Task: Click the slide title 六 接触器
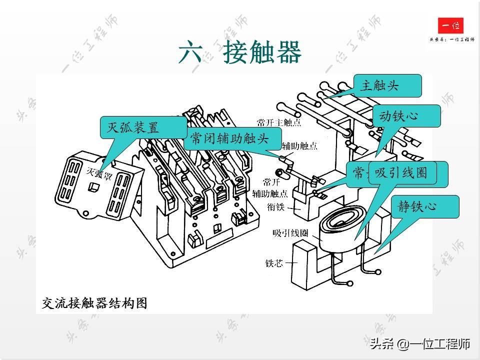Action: coord(240,52)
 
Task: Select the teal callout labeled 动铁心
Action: coord(406,116)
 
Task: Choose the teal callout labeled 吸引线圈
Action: coord(402,172)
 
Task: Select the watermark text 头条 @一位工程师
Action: coord(420,344)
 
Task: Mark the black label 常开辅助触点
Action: coord(269,187)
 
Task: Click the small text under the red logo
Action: coord(451,39)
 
